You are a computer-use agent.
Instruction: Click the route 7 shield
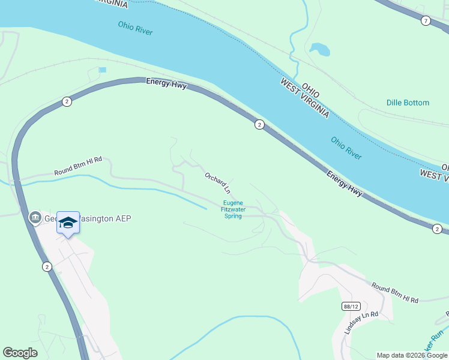click(x=426, y=21)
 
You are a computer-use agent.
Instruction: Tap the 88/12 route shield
click(x=351, y=306)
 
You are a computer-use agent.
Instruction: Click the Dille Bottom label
click(x=408, y=103)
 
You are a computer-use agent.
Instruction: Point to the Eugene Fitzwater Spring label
click(x=233, y=209)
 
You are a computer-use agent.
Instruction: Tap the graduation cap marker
click(x=68, y=223)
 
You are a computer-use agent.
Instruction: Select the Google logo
click(x=20, y=353)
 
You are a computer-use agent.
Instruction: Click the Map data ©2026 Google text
click(x=412, y=355)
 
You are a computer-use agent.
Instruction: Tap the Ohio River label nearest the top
click(x=135, y=28)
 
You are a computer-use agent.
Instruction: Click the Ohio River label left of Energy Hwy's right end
click(x=346, y=148)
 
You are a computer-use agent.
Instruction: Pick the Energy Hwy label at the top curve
click(x=166, y=85)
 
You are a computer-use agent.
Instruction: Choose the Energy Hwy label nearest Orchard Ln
click(x=345, y=184)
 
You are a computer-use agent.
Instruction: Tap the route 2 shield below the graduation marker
click(x=47, y=266)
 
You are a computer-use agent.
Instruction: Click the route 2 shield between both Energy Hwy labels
click(x=259, y=125)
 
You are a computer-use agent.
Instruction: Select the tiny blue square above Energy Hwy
click(x=102, y=70)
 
